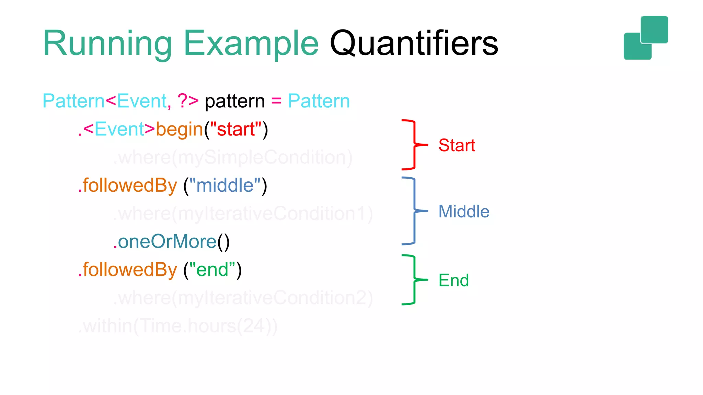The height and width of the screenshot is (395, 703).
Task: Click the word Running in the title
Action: click(107, 44)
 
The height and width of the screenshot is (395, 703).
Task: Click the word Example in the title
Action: click(251, 44)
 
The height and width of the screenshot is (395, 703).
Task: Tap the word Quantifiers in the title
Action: click(414, 44)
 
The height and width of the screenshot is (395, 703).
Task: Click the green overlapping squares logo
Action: click(646, 38)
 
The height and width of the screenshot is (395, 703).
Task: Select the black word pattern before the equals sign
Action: click(235, 101)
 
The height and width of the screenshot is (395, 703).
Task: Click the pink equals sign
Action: click(276, 101)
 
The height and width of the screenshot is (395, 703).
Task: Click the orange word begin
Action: click(180, 130)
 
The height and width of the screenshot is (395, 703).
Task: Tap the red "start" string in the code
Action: click(236, 129)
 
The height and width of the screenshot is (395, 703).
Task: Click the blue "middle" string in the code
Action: click(225, 185)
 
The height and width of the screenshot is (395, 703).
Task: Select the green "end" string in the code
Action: click(212, 270)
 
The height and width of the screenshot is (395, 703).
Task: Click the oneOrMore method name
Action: click(167, 242)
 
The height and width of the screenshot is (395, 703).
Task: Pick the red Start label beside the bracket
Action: click(457, 145)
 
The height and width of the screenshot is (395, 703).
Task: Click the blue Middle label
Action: click(464, 212)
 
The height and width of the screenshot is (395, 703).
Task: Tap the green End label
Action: click(453, 280)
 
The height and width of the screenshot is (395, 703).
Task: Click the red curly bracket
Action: click(414, 145)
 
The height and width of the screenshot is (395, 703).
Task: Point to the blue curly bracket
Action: click(414, 211)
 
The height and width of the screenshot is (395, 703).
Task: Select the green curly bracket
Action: click(414, 280)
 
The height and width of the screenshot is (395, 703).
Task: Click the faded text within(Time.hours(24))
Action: click(178, 326)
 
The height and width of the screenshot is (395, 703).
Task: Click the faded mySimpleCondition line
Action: click(233, 158)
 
